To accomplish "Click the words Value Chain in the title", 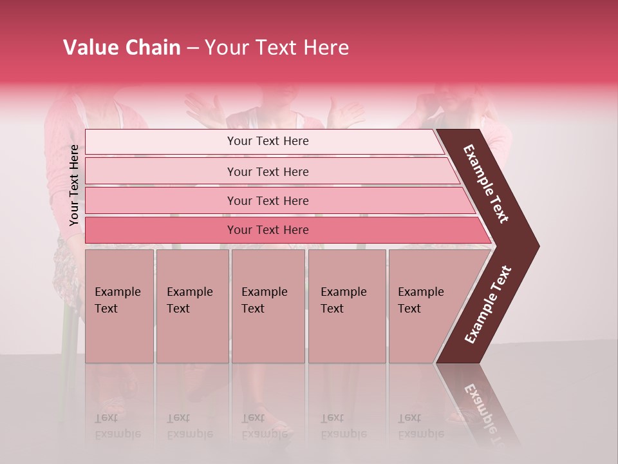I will pyautogui.click(x=122, y=48).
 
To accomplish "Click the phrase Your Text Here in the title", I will pyautogui.click(x=277, y=48).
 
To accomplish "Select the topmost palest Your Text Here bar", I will pyautogui.click(x=268, y=141).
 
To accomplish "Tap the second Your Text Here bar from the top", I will pyautogui.click(x=268, y=171).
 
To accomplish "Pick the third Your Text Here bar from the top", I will pyautogui.click(x=268, y=200).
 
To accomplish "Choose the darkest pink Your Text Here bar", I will pyautogui.click(x=268, y=230).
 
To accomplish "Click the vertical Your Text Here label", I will pyautogui.click(x=75, y=186).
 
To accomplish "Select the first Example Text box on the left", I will pyautogui.click(x=119, y=305).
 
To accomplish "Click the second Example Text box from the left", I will pyautogui.click(x=192, y=305).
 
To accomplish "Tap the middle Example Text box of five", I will pyautogui.click(x=268, y=305).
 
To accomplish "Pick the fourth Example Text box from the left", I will pyautogui.click(x=347, y=305).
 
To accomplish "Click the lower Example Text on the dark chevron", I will pyautogui.click(x=489, y=305).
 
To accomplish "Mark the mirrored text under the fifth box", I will pyautogui.click(x=420, y=426).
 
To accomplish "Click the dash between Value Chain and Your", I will pyautogui.click(x=192, y=48).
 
